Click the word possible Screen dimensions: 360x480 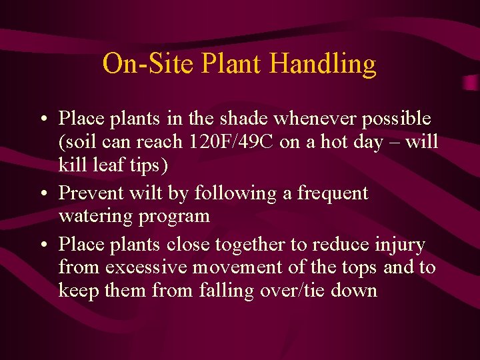click(x=399, y=119)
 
